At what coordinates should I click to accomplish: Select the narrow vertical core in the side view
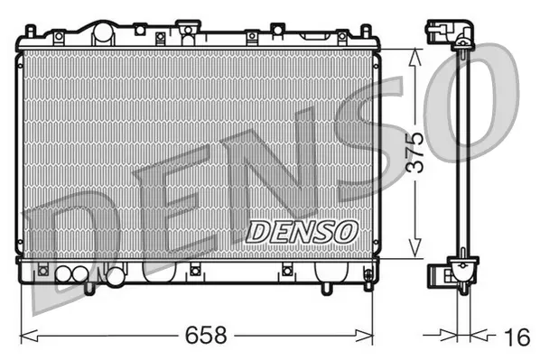pos(463,153)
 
